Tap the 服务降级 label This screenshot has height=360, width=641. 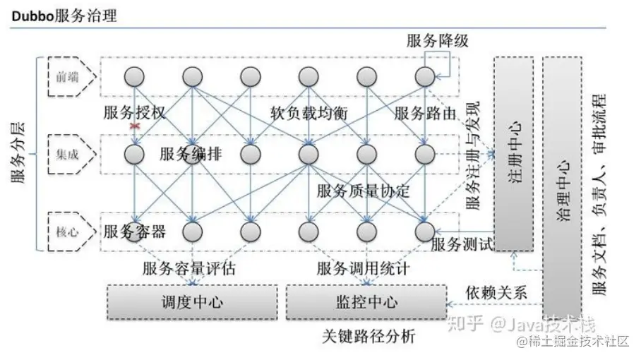tap(437, 40)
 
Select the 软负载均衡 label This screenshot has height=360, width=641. tap(308, 113)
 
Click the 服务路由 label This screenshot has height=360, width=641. tap(424, 113)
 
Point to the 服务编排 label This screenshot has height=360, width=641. tap(191, 154)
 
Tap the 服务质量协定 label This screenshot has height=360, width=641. tap(363, 191)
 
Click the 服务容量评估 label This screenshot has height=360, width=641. tap(188, 269)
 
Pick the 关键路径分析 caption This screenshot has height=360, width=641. tap(368, 337)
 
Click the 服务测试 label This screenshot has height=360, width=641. tap(461, 245)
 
